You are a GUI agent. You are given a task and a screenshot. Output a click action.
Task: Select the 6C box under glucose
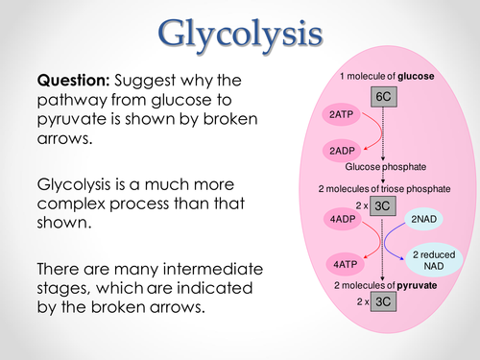pos(384,98)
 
